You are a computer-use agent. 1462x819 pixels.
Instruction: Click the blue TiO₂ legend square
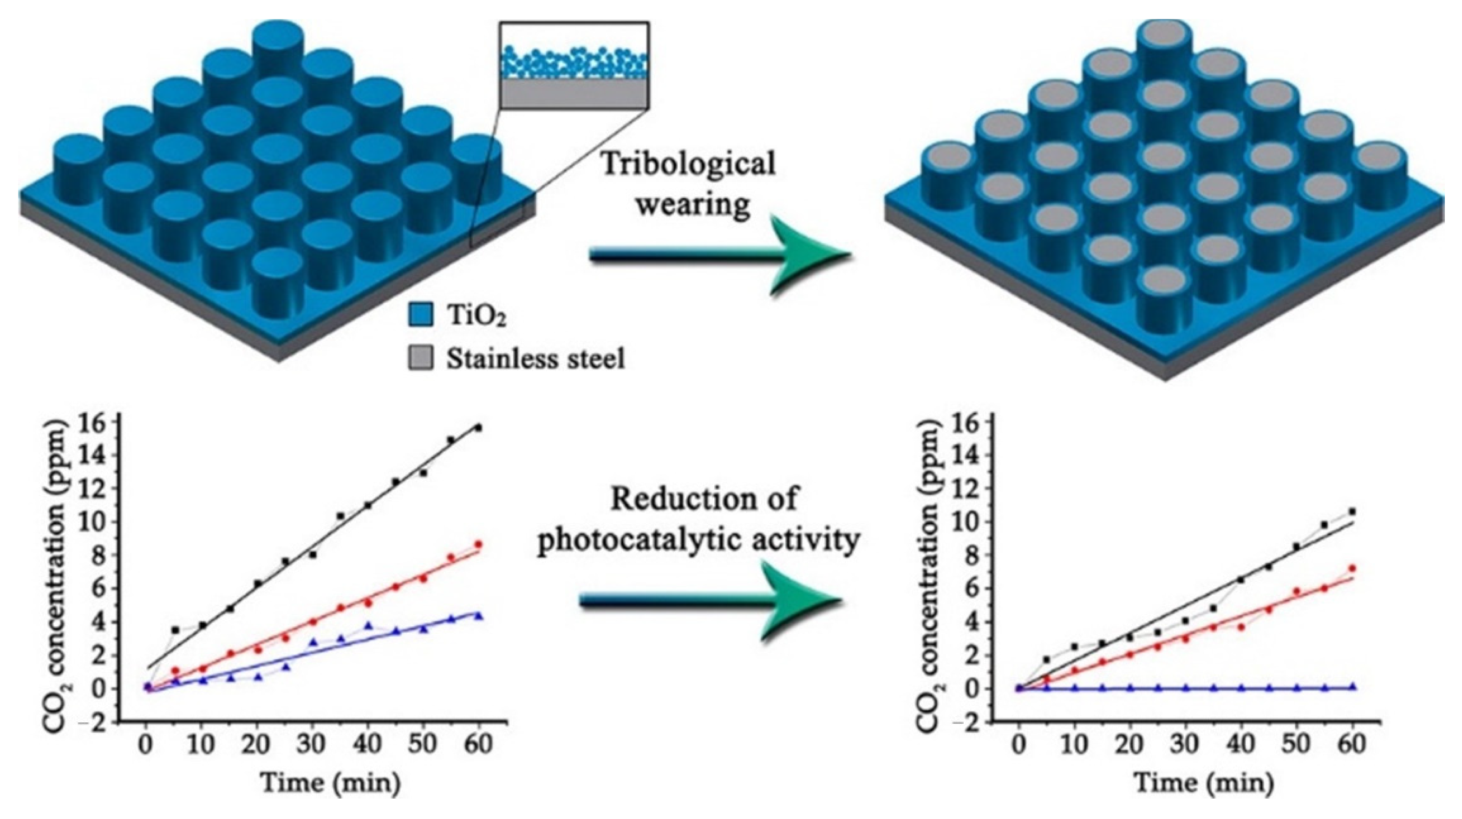point(421,314)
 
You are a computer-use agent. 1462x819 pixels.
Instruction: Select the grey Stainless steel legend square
point(421,359)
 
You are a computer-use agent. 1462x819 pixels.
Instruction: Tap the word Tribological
point(688,165)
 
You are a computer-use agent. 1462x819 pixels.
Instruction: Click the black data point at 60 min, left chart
point(478,428)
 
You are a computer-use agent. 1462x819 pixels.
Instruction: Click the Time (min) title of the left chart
point(330,784)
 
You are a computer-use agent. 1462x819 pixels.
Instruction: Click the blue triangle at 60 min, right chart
point(1352,686)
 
